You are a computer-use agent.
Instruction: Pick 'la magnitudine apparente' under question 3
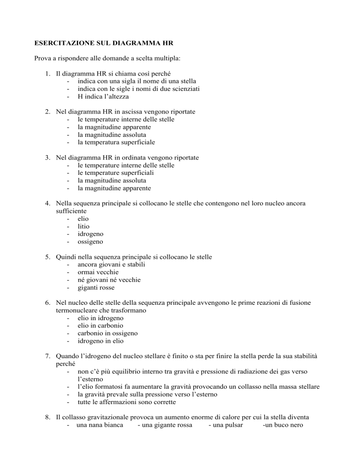[114, 188]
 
